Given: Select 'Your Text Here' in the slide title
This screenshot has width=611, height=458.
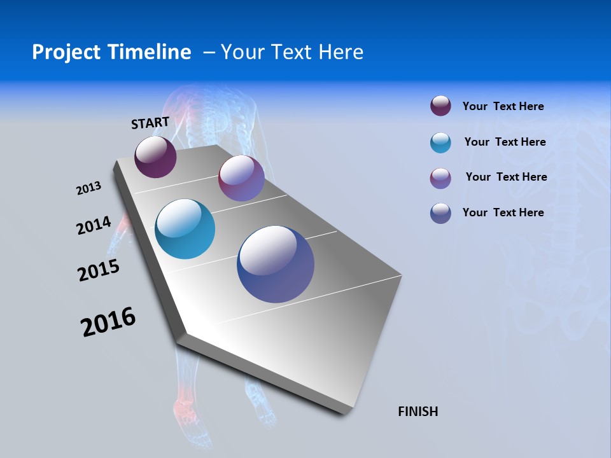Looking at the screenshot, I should coord(292,52).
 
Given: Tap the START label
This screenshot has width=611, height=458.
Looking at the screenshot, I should coord(150,123).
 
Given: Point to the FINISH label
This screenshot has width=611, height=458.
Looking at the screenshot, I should coord(418,412).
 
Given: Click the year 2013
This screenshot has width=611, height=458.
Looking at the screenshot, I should coord(89,188).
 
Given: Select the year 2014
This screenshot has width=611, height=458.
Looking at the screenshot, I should coord(94,225).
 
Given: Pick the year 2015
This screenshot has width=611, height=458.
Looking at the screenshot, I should coord(99,270).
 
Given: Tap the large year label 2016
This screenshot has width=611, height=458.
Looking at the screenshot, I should coord(108,322).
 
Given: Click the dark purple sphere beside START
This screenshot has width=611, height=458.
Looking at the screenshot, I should coord(155,156).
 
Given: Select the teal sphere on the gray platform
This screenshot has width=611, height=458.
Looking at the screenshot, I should coord(185,229).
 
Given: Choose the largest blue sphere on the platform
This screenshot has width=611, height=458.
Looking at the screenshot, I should coord(276,264).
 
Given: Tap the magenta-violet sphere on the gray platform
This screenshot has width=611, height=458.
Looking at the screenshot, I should coord(241,178).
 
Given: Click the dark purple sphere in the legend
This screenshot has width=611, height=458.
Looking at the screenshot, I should coord(440,106).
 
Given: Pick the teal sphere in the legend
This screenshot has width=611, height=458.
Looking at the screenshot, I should coord(440,142).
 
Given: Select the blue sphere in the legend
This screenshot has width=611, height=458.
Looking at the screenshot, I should coord(440,213).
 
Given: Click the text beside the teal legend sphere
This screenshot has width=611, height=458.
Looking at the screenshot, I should coord(505,142).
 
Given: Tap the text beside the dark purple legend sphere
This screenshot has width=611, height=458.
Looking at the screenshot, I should coord(503,106).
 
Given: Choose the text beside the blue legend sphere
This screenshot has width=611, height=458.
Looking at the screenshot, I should coord(503,212).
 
